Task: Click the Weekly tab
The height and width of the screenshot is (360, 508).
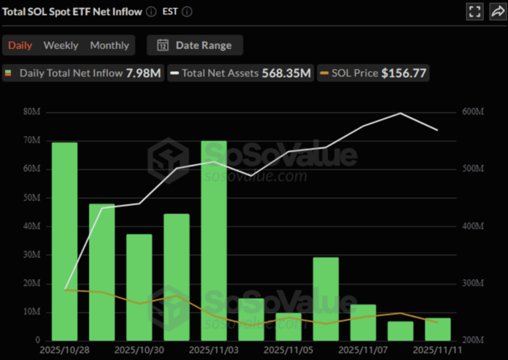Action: (x=61, y=45)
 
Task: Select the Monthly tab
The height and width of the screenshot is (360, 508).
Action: (x=109, y=45)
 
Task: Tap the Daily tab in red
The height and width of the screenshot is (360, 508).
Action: (x=20, y=45)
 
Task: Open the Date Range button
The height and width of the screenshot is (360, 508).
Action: (x=195, y=45)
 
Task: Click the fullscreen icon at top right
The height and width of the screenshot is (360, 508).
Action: (x=474, y=11)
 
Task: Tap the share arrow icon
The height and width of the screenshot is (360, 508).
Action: (x=498, y=11)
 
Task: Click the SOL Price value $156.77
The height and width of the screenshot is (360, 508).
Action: (x=403, y=73)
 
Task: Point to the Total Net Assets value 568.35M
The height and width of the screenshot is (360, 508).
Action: (x=286, y=73)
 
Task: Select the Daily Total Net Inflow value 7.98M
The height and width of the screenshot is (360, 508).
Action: (x=143, y=73)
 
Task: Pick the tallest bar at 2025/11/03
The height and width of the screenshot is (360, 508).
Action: (x=214, y=240)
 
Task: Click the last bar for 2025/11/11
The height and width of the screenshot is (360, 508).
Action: (x=438, y=329)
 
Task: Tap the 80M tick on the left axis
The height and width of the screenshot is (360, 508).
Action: (x=32, y=112)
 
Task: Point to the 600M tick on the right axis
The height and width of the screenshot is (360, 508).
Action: (x=473, y=112)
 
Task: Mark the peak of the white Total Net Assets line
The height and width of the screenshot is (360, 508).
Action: (x=400, y=113)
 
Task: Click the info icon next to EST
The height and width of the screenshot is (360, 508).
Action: (x=187, y=11)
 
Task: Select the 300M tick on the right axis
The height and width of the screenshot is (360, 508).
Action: (x=473, y=284)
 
